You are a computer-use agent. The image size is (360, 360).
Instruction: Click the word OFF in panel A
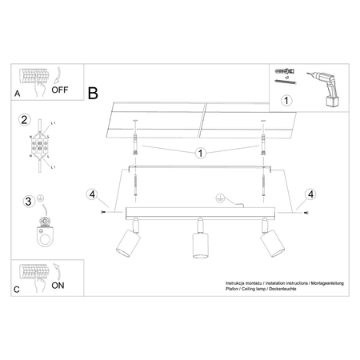coord(61,90)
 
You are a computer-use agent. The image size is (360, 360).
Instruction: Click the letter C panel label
coord(18,289)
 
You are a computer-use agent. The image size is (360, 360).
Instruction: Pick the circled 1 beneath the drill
coord(288,102)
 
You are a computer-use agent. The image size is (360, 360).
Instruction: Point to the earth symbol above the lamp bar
coord(218,198)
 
